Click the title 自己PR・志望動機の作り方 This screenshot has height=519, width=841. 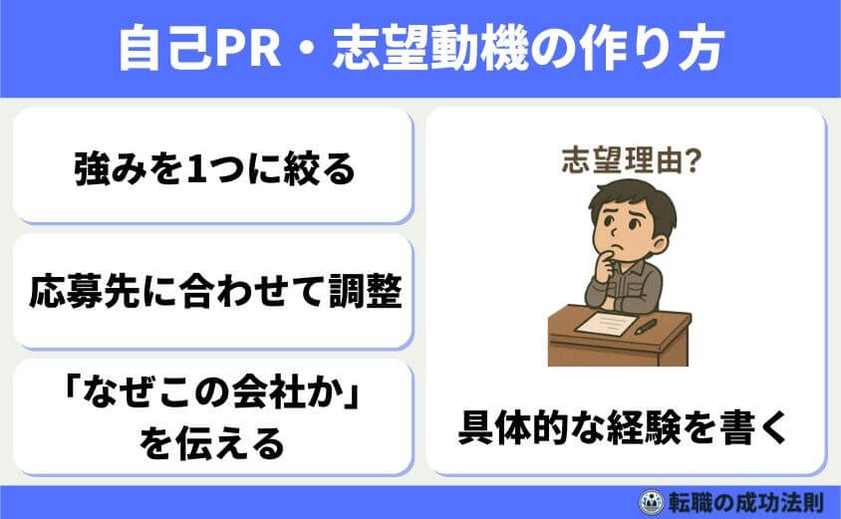click(x=420, y=48)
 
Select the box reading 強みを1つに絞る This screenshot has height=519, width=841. click(x=213, y=167)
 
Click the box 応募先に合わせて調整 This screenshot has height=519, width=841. click(x=213, y=292)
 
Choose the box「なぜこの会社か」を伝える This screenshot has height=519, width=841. click(x=213, y=417)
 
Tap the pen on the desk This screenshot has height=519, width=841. click(x=645, y=326)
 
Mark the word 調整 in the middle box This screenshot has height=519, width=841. click(x=369, y=292)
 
